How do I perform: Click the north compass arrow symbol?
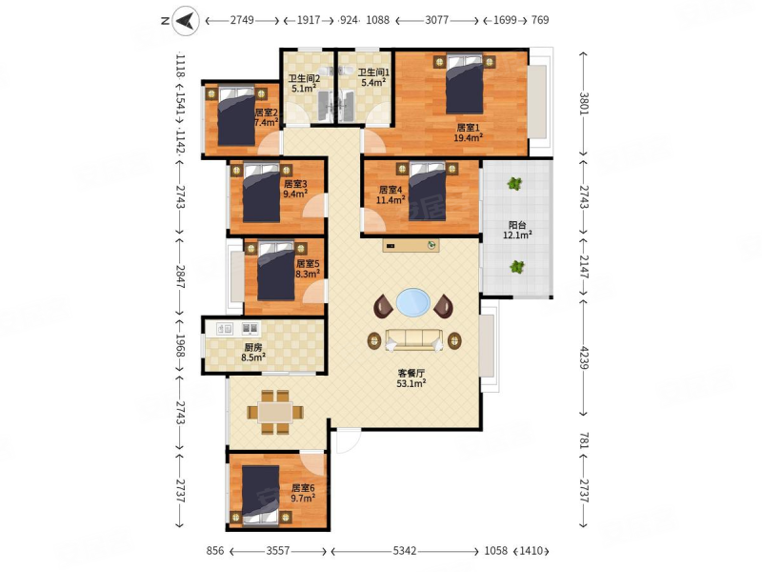click(x=186, y=20)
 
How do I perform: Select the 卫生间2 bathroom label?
click(x=304, y=79)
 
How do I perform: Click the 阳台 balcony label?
click(x=517, y=225)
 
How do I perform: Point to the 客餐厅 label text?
click(x=411, y=373)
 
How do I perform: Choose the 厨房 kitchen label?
click(x=253, y=347)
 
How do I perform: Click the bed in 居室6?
click(x=260, y=495)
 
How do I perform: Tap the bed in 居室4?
click(x=427, y=192)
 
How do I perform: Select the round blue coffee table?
click(x=413, y=303)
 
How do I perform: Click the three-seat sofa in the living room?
click(x=413, y=340)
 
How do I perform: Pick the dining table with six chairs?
click(x=275, y=412)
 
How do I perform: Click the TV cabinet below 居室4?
click(x=411, y=246)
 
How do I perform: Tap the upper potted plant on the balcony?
click(x=514, y=184)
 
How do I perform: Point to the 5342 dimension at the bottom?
click(x=404, y=551)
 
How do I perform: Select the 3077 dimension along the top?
click(x=437, y=20)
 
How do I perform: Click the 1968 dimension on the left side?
click(x=180, y=345)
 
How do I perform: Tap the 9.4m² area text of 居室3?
click(x=295, y=194)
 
